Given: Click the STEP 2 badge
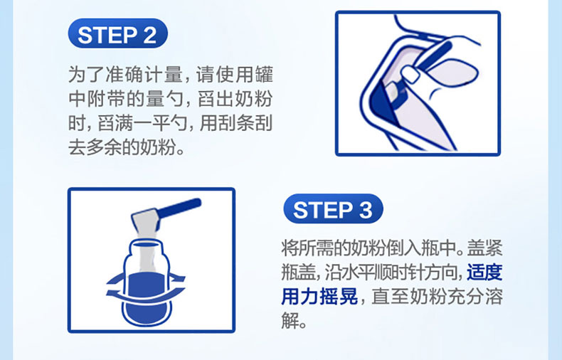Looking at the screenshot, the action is click(117, 33).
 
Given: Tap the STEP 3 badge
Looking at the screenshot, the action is click(333, 208).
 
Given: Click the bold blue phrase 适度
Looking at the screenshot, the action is click(484, 272).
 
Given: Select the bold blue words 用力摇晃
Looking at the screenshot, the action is click(319, 297).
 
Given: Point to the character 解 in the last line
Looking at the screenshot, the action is click(290, 321).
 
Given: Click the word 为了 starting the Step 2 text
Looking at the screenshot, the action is click(86, 75).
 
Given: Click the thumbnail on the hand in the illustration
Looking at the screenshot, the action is click(410, 74).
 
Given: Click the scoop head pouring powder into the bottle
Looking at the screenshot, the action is click(145, 221).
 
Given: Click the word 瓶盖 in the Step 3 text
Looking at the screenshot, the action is click(299, 272).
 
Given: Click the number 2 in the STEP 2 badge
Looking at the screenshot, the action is click(150, 35).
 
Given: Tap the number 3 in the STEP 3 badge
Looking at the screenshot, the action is click(366, 210).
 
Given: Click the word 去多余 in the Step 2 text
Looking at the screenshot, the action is click(95, 148).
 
